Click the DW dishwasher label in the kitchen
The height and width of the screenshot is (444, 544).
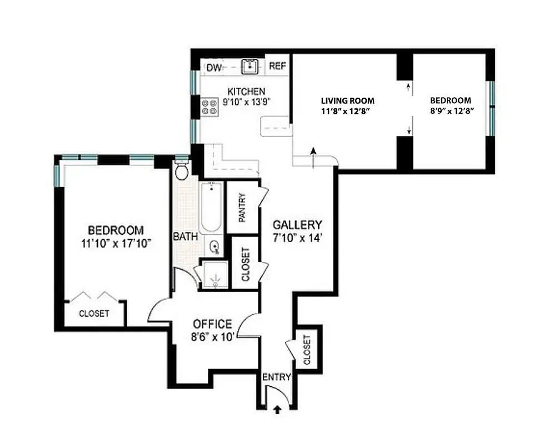pyautogui.click(x=214, y=68)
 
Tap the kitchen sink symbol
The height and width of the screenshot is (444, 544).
pyautogui.click(x=251, y=67)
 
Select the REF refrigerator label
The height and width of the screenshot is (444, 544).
pyautogui.click(x=278, y=66)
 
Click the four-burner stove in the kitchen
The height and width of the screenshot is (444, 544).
pyautogui.click(x=210, y=107)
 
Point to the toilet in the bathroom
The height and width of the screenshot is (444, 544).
pyautogui.click(x=181, y=170)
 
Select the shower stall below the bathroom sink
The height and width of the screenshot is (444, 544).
pyautogui.click(x=214, y=276)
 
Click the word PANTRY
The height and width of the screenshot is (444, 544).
pyautogui.click(x=242, y=207)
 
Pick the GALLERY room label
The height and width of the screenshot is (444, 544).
pyautogui.click(x=297, y=225)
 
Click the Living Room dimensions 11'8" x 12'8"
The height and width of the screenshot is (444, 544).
pyautogui.click(x=348, y=111)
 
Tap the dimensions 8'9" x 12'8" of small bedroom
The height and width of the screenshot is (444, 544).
pyautogui.click(x=451, y=111)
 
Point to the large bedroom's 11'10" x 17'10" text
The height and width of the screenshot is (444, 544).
pyautogui.click(x=116, y=243)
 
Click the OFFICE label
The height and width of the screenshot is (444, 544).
pyautogui.click(x=212, y=324)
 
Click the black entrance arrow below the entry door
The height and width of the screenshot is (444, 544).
pyautogui.click(x=278, y=410)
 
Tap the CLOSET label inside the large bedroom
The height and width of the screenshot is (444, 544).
pyautogui.click(x=94, y=314)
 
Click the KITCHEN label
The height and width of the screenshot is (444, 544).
pyautogui.click(x=246, y=92)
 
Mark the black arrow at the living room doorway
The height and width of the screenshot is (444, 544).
pyautogui.click(x=313, y=151)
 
